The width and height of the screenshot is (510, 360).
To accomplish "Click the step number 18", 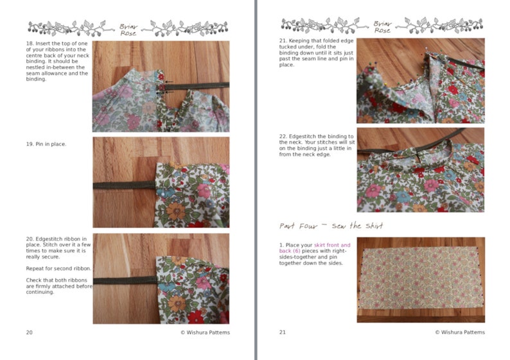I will (x=30, y=44).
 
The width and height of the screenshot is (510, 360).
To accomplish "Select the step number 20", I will (x=30, y=239).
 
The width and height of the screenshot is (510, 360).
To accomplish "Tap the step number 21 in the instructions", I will (x=283, y=41).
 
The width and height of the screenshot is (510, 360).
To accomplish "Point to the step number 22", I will (x=283, y=136).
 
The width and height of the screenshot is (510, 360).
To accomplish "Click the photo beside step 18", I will (x=161, y=86).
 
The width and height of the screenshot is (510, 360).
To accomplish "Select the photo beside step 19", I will (x=161, y=182).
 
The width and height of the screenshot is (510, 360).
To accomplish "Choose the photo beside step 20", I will (x=161, y=278).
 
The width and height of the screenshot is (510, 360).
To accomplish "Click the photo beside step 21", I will (x=420, y=81).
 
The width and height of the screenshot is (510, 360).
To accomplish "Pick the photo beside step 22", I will (x=420, y=170).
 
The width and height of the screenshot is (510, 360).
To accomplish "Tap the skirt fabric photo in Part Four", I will (x=420, y=280).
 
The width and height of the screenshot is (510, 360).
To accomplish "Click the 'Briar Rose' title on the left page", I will (x=128, y=28).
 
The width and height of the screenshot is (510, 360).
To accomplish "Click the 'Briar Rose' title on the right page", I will (x=382, y=28).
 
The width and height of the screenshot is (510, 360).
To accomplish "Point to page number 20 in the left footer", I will (x=30, y=332).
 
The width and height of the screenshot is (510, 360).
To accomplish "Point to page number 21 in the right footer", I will (x=283, y=332).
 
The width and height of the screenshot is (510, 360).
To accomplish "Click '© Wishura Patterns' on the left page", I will (x=204, y=332).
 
